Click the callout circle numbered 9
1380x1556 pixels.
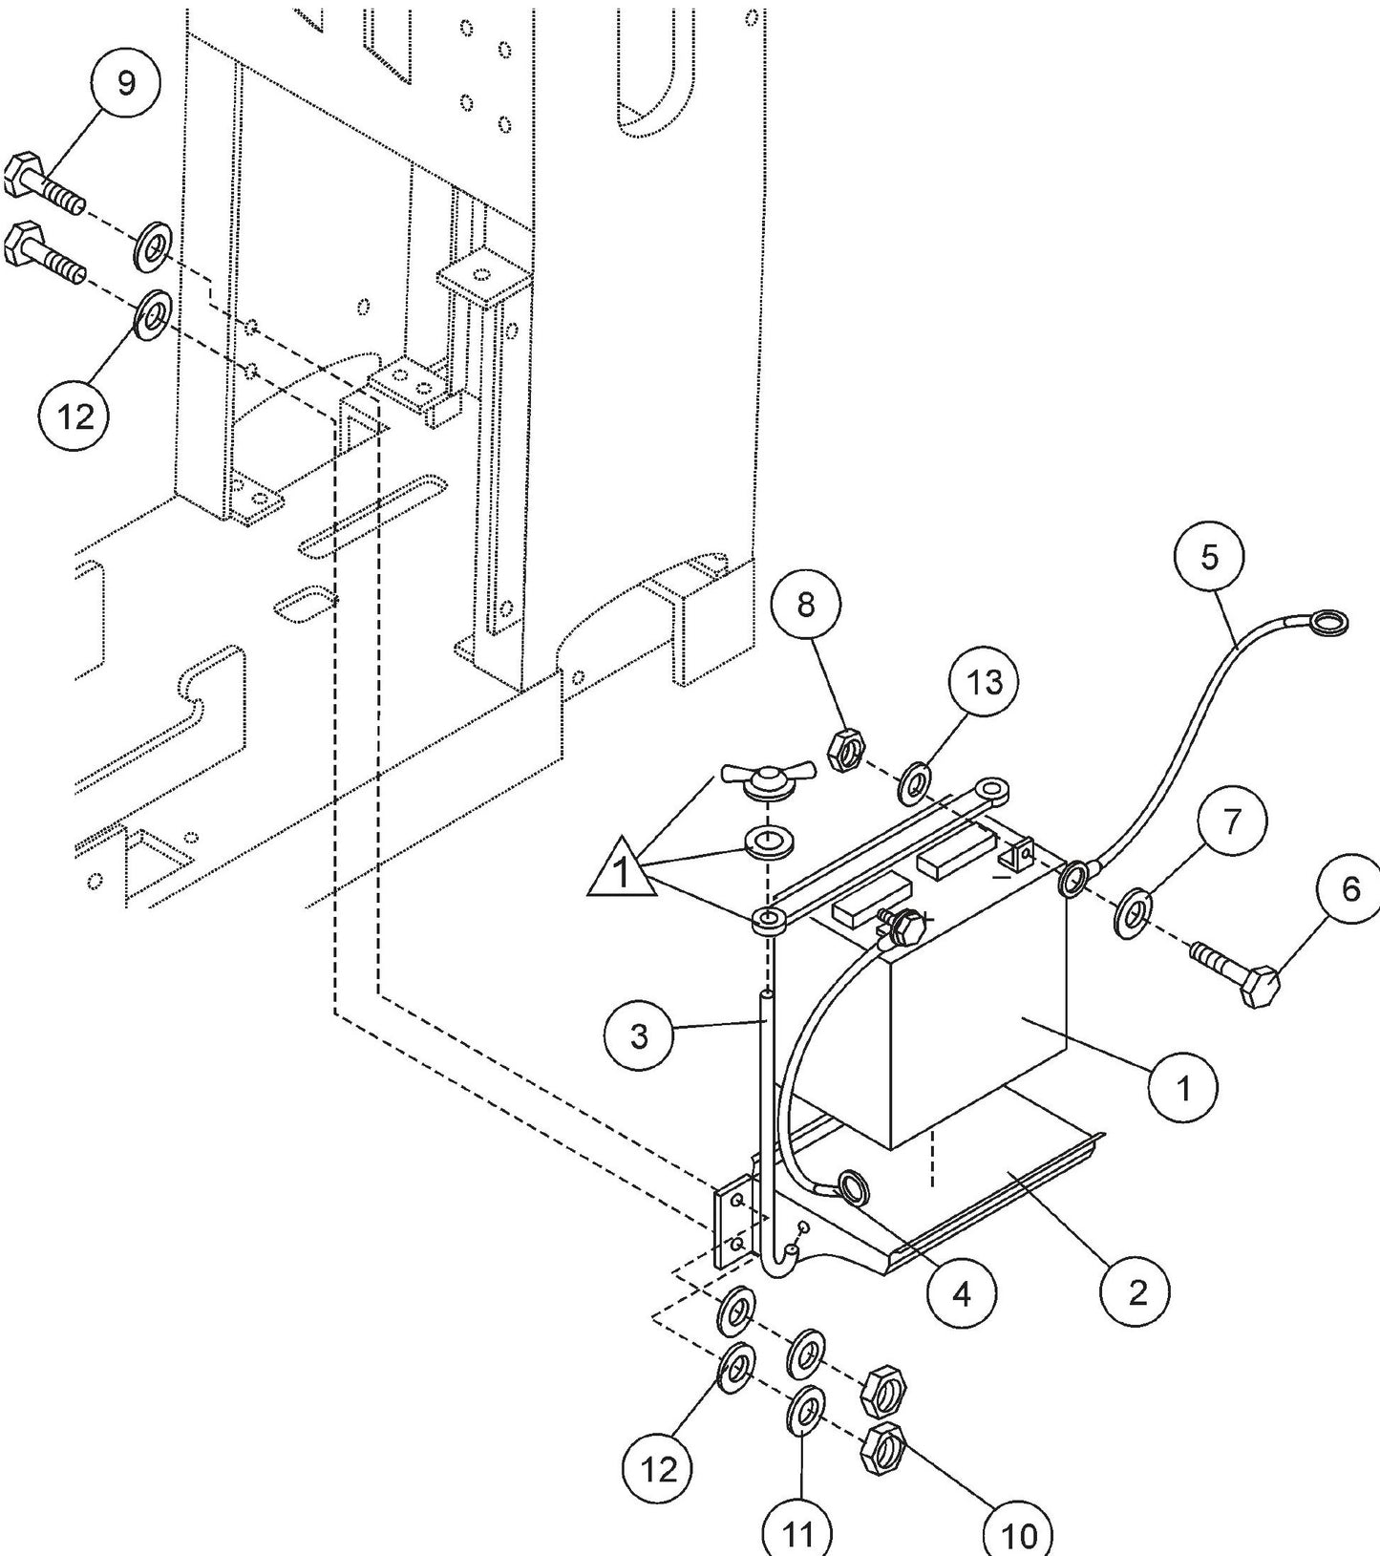pyautogui.click(x=126, y=83)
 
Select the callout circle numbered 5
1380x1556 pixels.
pyautogui.click(x=1209, y=557)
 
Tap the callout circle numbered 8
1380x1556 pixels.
pyautogui.click(x=806, y=605)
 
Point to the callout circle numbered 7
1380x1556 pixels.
pyautogui.click(x=1231, y=822)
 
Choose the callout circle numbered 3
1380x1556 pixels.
pyautogui.click(x=639, y=1035)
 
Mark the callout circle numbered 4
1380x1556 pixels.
pyautogui.click(x=962, y=1293)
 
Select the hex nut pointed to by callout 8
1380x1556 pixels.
pyautogui.click(x=845, y=748)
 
